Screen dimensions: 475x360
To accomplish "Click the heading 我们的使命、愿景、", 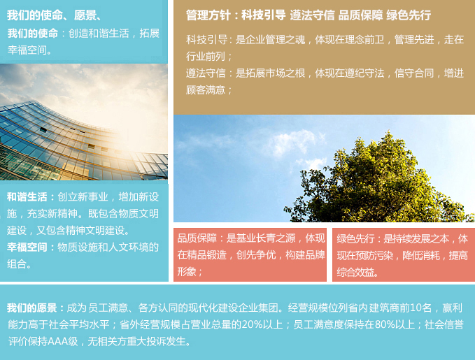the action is [54, 15].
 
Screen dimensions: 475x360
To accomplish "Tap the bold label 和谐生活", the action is [27, 197].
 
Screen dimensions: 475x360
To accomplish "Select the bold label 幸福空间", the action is [27, 247].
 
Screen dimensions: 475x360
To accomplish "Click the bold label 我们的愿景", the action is [31, 308].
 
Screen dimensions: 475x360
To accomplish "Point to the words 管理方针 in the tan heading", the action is [208, 15].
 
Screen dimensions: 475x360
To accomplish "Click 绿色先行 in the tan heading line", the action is [409, 15].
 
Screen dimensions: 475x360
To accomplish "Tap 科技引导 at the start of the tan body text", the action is [206, 39].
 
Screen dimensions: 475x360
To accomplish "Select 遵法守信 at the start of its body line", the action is [206, 73].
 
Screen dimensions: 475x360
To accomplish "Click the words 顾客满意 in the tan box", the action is [206, 89].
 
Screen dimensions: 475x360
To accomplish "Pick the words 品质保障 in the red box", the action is [197, 238].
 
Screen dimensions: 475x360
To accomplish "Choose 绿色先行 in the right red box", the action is [356, 238].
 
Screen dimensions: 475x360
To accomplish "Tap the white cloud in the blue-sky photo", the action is [291, 143].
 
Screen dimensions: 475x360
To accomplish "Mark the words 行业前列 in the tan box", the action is [206, 57].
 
